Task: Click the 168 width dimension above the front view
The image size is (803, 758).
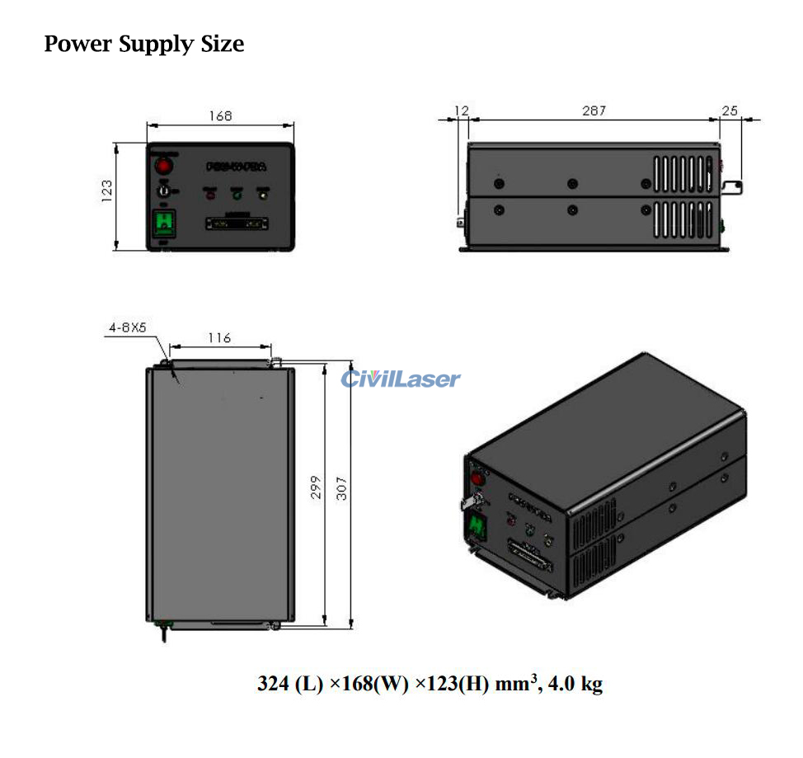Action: point(220,116)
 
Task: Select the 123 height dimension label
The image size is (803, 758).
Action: point(107,195)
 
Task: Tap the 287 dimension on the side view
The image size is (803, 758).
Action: point(594,111)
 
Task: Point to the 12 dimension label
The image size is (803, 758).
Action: point(461,111)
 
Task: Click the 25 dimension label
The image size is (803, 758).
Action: point(730,111)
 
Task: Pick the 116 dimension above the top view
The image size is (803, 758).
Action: point(219,338)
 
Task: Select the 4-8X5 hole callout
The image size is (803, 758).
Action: point(127,327)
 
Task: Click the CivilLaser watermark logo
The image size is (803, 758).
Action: point(401,379)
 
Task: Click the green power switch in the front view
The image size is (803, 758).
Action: point(164,222)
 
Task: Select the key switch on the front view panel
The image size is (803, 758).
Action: point(164,191)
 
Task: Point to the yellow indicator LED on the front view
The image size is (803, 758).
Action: point(263,195)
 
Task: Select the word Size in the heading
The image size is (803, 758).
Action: point(222,44)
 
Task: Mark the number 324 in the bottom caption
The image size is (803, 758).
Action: point(273,684)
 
